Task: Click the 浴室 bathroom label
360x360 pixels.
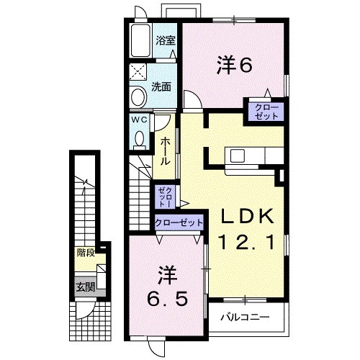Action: click(x=166, y=40)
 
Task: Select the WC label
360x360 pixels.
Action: click(x=140, y=120)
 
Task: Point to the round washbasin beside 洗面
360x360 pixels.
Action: click(x=138, y=96)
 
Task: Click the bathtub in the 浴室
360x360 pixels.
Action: click(x=140, y=42)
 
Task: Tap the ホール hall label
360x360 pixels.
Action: click(x=165, y=151)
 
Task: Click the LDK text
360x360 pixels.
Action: click(x=245, y=217)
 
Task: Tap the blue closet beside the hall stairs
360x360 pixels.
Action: click(x=164, y=195)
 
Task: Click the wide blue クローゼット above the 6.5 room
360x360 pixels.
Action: click(x=179, y=222)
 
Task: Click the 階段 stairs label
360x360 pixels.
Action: click(x=87, y=253)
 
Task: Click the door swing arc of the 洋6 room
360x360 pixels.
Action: click(x=190, y=99)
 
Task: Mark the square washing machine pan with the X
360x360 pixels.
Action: click(x=138, y=73)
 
